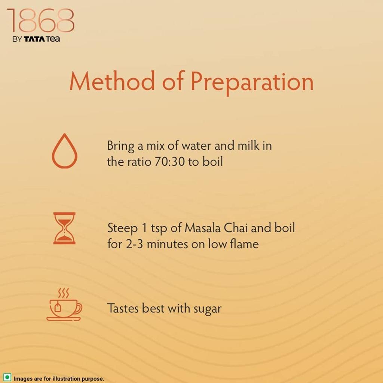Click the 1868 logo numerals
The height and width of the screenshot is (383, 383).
coord(41,21)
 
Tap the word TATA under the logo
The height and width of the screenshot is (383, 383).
coord(34,39)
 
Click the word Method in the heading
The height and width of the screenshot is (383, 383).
coord(112,81)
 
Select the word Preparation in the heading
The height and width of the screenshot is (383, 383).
coord(252,83)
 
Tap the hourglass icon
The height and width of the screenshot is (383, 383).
coord(64,228)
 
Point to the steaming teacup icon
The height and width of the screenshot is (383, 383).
coord(64,304)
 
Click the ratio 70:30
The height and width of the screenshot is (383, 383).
coord(170,162)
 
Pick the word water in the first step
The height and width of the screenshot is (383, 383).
coord(196,146)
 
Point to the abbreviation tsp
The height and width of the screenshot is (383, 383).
coord(159,229)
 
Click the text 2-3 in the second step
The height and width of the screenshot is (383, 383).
coord(134,244)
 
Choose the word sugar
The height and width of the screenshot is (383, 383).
coord(207,309)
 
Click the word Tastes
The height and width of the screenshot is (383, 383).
coord(123,308)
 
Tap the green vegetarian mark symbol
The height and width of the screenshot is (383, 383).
coord(7,377)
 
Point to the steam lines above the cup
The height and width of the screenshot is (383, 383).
coord(64,293)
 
